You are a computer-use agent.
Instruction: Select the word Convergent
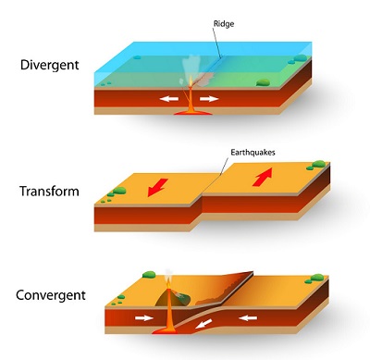click(x=51, y=296)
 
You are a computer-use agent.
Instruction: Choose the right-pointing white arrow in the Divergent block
click(x=209, y=96)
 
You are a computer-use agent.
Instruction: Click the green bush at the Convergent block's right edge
click(x=318, y=278)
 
